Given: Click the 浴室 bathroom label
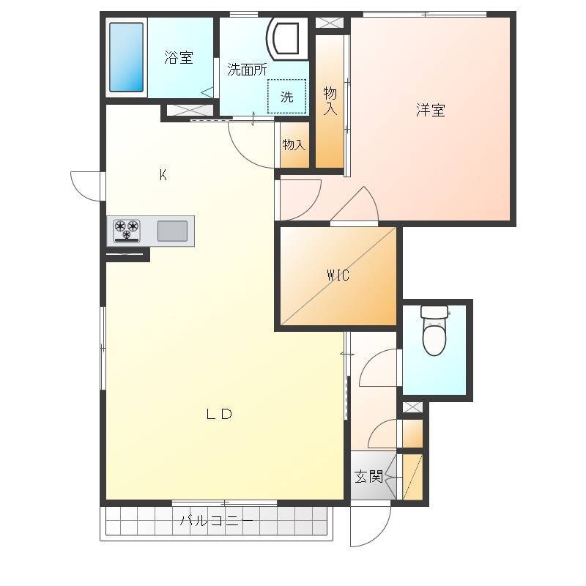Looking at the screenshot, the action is tap(179, 58).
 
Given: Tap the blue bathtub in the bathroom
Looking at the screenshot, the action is tap(126, 57).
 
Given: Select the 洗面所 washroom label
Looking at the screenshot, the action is tap(247, 70).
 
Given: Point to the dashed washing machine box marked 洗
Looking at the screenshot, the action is tap(287, 96).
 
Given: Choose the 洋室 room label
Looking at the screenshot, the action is tap(431, 110).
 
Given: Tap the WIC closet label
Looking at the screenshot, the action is tap(338, 275).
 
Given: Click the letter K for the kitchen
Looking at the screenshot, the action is tap(163, 175).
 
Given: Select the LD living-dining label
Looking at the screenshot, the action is tap(219, 414).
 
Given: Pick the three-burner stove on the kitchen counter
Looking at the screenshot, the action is tap(127, 231).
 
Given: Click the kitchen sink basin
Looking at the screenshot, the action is tap(172, 231).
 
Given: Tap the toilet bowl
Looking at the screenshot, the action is tap(434, 330).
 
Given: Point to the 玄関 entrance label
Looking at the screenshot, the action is tap(368, 477).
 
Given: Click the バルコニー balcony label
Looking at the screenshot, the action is tap(217, 520).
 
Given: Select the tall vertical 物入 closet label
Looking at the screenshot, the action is tap(330, 101).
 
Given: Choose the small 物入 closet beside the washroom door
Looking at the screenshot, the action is tap(294, 144).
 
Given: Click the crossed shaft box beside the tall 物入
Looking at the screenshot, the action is tap(329, 23).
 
